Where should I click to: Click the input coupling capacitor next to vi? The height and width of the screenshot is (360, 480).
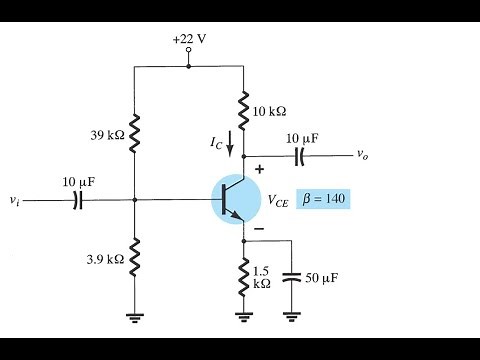(x=77, y=200)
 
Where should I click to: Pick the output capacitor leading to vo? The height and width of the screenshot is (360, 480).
(x=299, y=156)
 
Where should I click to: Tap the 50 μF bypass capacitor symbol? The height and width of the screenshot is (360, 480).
(x=291, y=276)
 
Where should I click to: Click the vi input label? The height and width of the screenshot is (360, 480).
(x=12, y=201)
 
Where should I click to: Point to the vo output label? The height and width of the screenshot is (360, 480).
(x=362, y=156)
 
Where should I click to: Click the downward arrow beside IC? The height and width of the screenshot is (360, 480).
(x=232, y=146)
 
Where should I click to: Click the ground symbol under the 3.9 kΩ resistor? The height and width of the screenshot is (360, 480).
(x=134, y=318)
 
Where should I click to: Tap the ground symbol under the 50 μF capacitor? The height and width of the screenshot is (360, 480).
(x=291, y=318)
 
